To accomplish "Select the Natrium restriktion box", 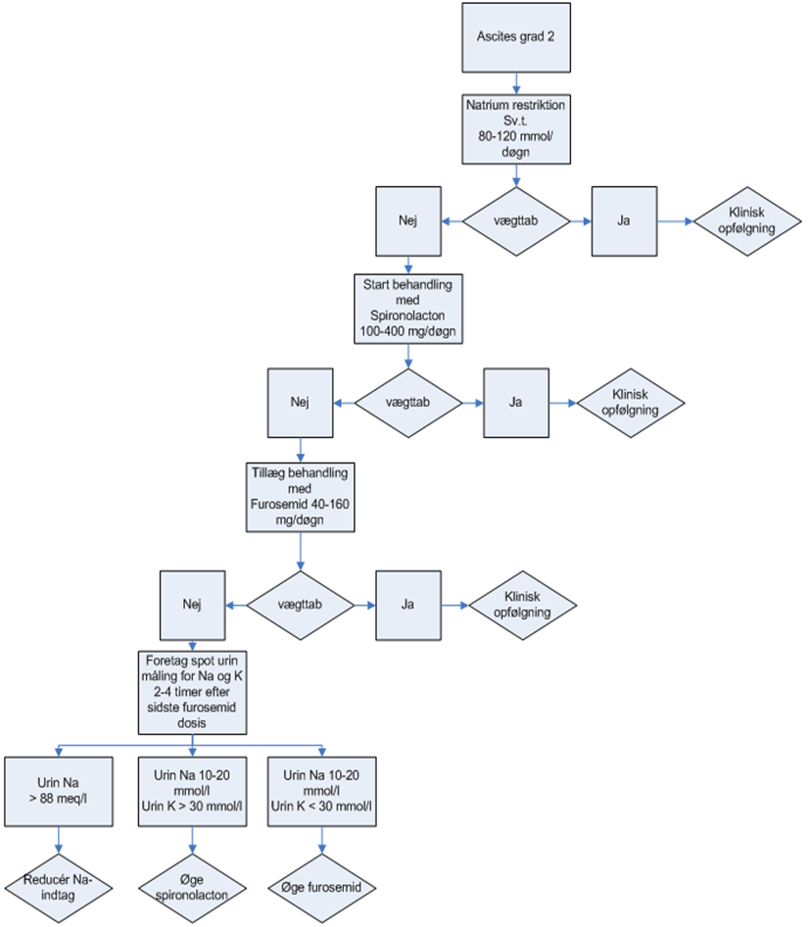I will click(x=517, y=126).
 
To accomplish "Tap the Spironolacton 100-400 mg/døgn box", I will click(x=408, y=308).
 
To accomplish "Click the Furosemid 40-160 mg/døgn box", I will click(x=299, y=497).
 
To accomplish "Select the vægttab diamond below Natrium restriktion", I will click(x=517, y=221).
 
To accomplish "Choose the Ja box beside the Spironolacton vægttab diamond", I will click(x=515, y=402).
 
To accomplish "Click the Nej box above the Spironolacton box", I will click(x=408, y=221).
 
